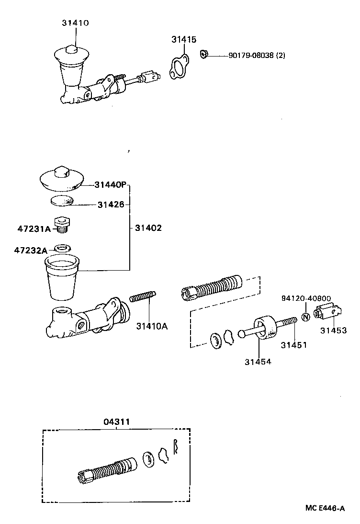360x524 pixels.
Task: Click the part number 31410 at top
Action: [75, 23]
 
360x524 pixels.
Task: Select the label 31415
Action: [184, 40]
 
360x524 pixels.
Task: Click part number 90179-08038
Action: [257, 56]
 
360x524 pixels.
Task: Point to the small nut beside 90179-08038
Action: [203, 54]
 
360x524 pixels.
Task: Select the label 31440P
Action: [110, 184]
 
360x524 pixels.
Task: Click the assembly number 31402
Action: [148, 228]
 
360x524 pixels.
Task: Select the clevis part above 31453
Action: [326, 312]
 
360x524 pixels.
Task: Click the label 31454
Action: [258, 361]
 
